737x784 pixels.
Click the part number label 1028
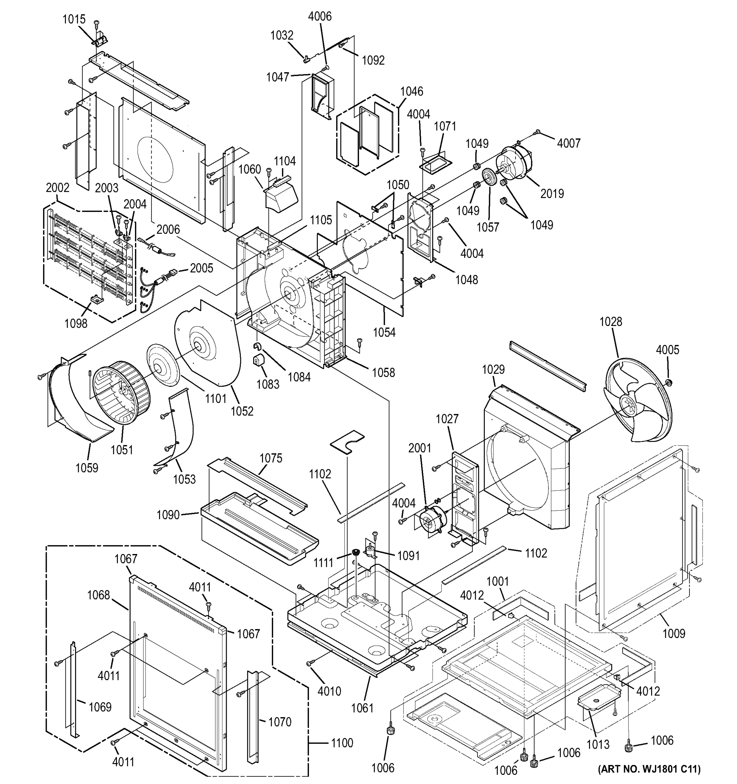click(x=611, y=322)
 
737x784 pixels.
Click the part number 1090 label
click(x=168, y=514)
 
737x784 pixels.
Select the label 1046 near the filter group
click(x=412, y=91)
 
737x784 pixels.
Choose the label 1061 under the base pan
click(x=362, y=708)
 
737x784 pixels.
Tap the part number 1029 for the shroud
click(x=493, y=369)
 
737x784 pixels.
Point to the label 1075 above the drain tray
click(x=271, y=458)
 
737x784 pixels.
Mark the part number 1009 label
click(x=674, y=634)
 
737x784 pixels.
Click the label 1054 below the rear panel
click(x=385, y=333)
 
